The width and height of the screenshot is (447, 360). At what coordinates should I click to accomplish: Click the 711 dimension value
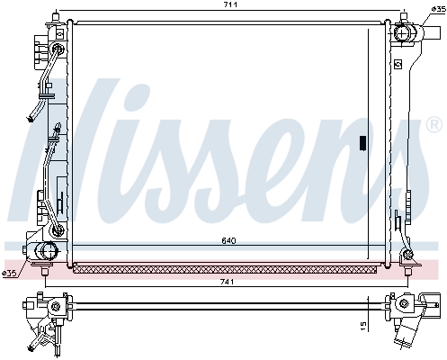tap(230, 4)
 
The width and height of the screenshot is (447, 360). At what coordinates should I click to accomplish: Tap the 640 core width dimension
tap(228, 241)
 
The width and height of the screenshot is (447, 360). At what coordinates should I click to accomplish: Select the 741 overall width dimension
tap(228, 282)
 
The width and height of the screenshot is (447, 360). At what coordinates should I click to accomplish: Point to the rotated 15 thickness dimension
tap(363, 327)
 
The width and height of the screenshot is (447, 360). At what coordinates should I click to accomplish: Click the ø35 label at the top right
tap(439, 9)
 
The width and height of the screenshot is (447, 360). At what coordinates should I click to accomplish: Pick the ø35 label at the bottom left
tap(9, 274)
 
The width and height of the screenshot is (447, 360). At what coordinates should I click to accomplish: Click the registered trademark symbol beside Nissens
tap(434, 124)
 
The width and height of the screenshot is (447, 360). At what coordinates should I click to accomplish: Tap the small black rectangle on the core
tap(362, 142)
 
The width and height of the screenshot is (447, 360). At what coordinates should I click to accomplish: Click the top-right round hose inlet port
tap(402, 32)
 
